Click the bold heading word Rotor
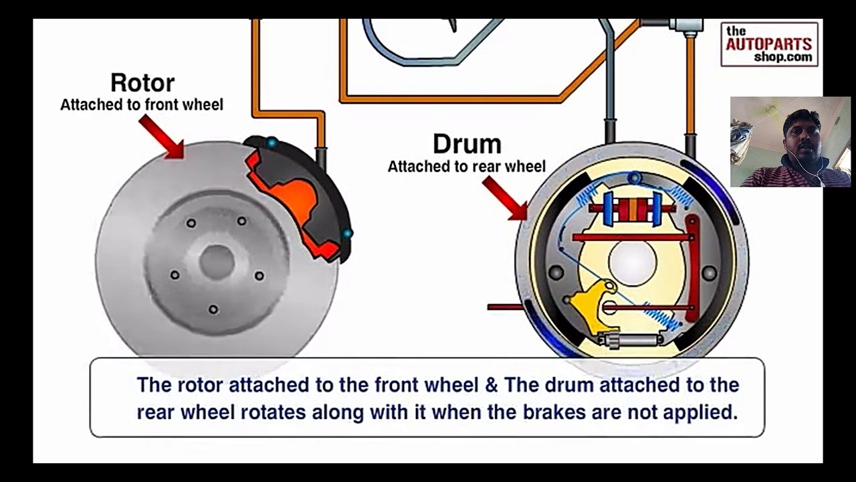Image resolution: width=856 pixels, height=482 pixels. click(x=142, y=82)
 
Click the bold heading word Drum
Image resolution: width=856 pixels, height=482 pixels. click(x=467, y=144)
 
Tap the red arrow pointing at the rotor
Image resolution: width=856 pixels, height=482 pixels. click(x=162, y=137)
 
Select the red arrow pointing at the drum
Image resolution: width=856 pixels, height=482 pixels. click(x=505, y=199)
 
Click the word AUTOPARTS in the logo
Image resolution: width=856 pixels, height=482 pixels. click(x=769, y=44)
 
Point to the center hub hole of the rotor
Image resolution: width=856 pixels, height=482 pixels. click(x=217, y=262)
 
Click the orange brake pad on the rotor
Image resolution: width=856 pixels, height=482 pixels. click(x=294, y=202)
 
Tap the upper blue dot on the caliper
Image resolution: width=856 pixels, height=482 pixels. click(x=272, y=143)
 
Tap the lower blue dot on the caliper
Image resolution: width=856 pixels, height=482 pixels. click(x=346, y=233)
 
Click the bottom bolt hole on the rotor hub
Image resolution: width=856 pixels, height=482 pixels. click(x=213, y=309)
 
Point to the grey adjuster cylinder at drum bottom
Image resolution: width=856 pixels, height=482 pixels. click(x=631, y=339)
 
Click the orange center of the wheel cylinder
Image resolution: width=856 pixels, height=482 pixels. click(x=633, y=209)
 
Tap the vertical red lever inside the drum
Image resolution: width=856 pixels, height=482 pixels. click(x=692, y=268)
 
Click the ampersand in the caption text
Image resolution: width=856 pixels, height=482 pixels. click(x=492, y=385)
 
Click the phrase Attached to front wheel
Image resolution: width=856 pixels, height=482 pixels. click(x=142, y=104)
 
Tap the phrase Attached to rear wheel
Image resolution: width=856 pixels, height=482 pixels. click(x=467, y=167)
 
